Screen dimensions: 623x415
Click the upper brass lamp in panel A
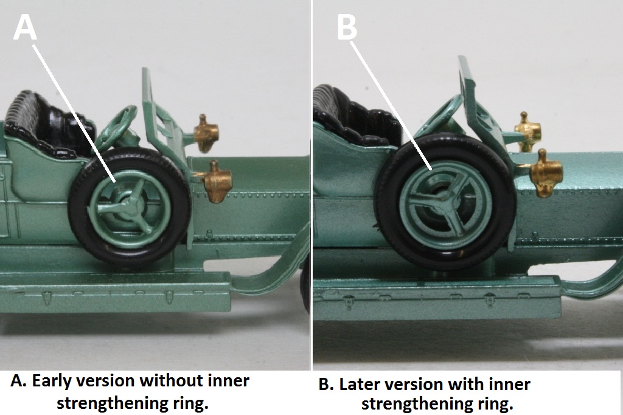[x=206, y=133]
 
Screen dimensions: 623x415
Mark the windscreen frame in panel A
[x=163, y=119]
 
